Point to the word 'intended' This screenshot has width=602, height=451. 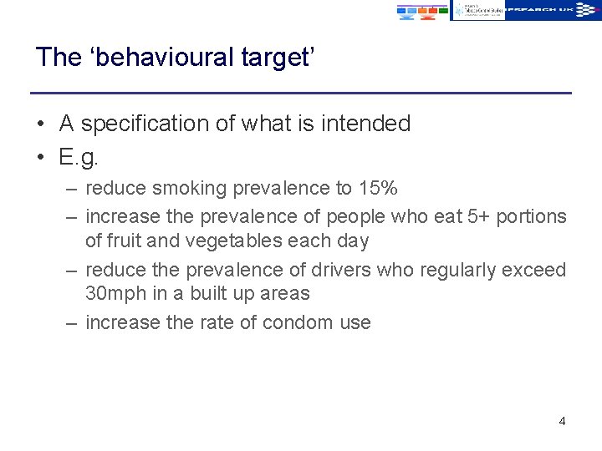tap(369, 124)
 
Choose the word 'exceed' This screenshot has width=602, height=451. tap(535, 271)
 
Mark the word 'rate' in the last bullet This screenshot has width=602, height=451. tap(220, 323)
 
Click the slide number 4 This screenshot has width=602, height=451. tap(562, 421)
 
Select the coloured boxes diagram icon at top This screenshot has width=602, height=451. tap(421, 11)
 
